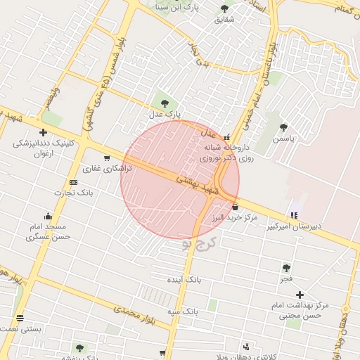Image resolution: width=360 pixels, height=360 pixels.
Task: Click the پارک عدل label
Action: point(165,114)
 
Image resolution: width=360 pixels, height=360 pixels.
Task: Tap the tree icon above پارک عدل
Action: point(165,104)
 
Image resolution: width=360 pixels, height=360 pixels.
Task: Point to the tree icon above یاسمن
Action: point(283,128)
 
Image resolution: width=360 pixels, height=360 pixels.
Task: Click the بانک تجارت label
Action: point(77,193)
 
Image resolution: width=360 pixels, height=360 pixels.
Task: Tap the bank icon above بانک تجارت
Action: point(74,183)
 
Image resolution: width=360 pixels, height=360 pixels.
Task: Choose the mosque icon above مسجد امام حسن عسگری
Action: point(47,216)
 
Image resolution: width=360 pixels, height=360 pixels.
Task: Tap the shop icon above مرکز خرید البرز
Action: point(235,207)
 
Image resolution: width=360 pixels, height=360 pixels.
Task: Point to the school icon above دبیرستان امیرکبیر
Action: point(293,214)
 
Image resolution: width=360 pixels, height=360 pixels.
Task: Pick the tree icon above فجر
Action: point(286,268)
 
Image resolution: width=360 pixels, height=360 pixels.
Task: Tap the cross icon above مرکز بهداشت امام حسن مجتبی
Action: point(300,295)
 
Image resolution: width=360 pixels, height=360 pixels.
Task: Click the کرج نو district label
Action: point(198,244)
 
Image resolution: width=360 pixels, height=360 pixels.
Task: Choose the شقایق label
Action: point(225,20)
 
